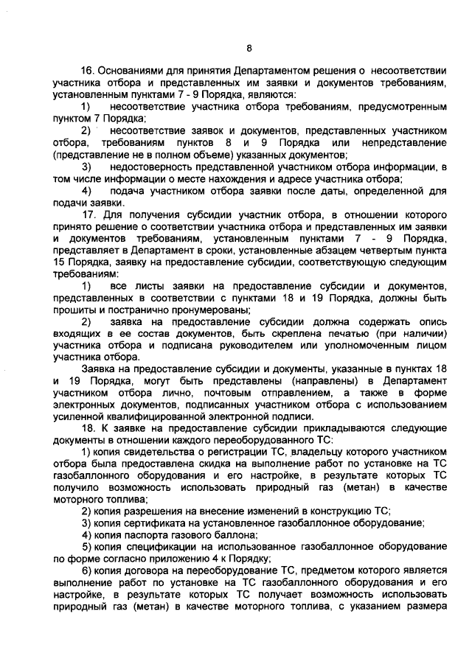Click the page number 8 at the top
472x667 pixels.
[249, 49]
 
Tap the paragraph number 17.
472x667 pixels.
[88, 214]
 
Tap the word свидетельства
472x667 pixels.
[159, 453]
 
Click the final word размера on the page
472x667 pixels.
[427, 608]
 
